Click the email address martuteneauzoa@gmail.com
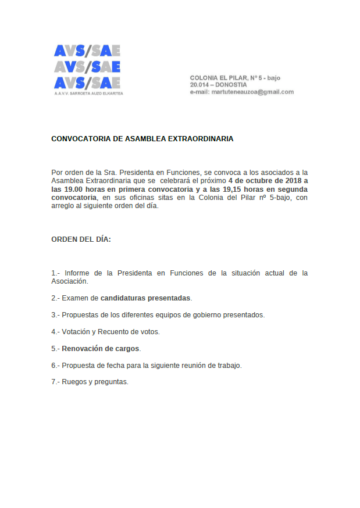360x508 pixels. coord(252,92)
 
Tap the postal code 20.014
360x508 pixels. coord(199,85)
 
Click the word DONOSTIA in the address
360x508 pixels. coord(231,85)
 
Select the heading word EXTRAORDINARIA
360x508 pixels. coord(201,139)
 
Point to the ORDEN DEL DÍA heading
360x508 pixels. coord(81,239)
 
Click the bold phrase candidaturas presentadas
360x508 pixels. coord(145,298)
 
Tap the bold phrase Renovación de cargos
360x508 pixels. coord(101,349)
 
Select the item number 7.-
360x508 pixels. coord(56,382)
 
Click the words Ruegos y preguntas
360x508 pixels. coord(95,382)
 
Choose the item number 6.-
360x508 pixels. coord(56,366)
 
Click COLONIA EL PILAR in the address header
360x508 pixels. coord(219,77)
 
